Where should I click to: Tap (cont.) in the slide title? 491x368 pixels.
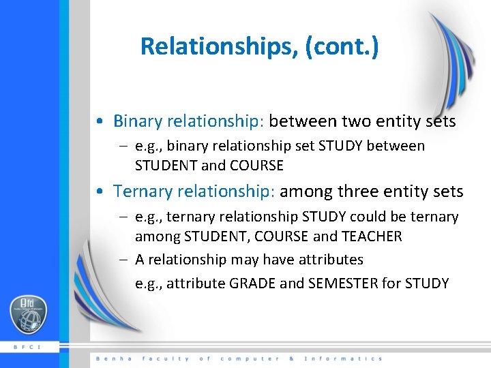pos(344,46)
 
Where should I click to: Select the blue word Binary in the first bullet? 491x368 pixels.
pos(138,121)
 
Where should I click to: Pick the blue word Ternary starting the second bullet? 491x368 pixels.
pos(145,191)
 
